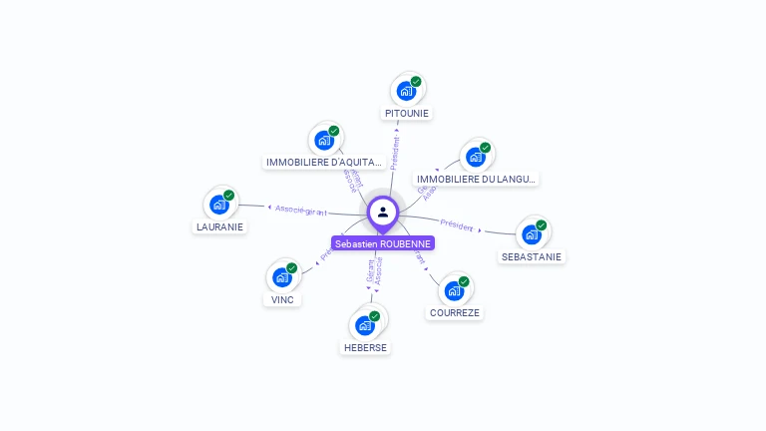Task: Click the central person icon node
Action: point(383,212)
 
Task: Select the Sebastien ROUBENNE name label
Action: point(383,243)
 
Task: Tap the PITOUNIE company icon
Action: point(406,91)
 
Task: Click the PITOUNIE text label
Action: point(407,114)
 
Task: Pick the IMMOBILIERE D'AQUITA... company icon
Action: point(324,140)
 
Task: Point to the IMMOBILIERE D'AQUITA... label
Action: point(324,162)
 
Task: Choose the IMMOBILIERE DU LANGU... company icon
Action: point(476,157)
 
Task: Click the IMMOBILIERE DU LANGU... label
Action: point(477,180)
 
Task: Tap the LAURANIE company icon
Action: point(219,205)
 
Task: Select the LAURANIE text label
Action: point(219,226)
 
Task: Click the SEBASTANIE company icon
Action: point(532,234)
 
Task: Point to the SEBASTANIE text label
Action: point(532,256)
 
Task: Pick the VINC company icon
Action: point(282,277)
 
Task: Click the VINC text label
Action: point(282,299)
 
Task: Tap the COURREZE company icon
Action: point(454,290)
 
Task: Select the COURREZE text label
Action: point(455,312)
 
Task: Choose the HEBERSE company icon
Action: point(365,325)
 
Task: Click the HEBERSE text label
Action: point(365,347)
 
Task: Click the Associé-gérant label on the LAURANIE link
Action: point(300,210)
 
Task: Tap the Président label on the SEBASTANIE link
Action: point(457,225)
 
